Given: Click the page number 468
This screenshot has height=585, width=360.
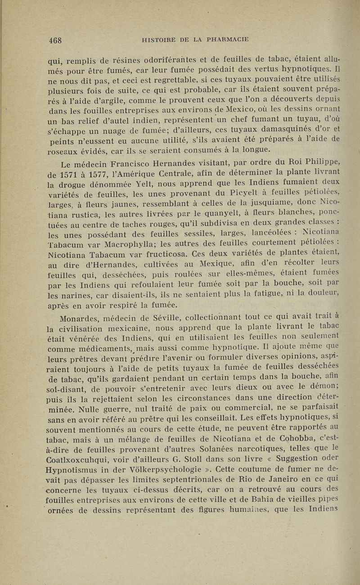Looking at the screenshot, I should [x=57, y=39].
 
